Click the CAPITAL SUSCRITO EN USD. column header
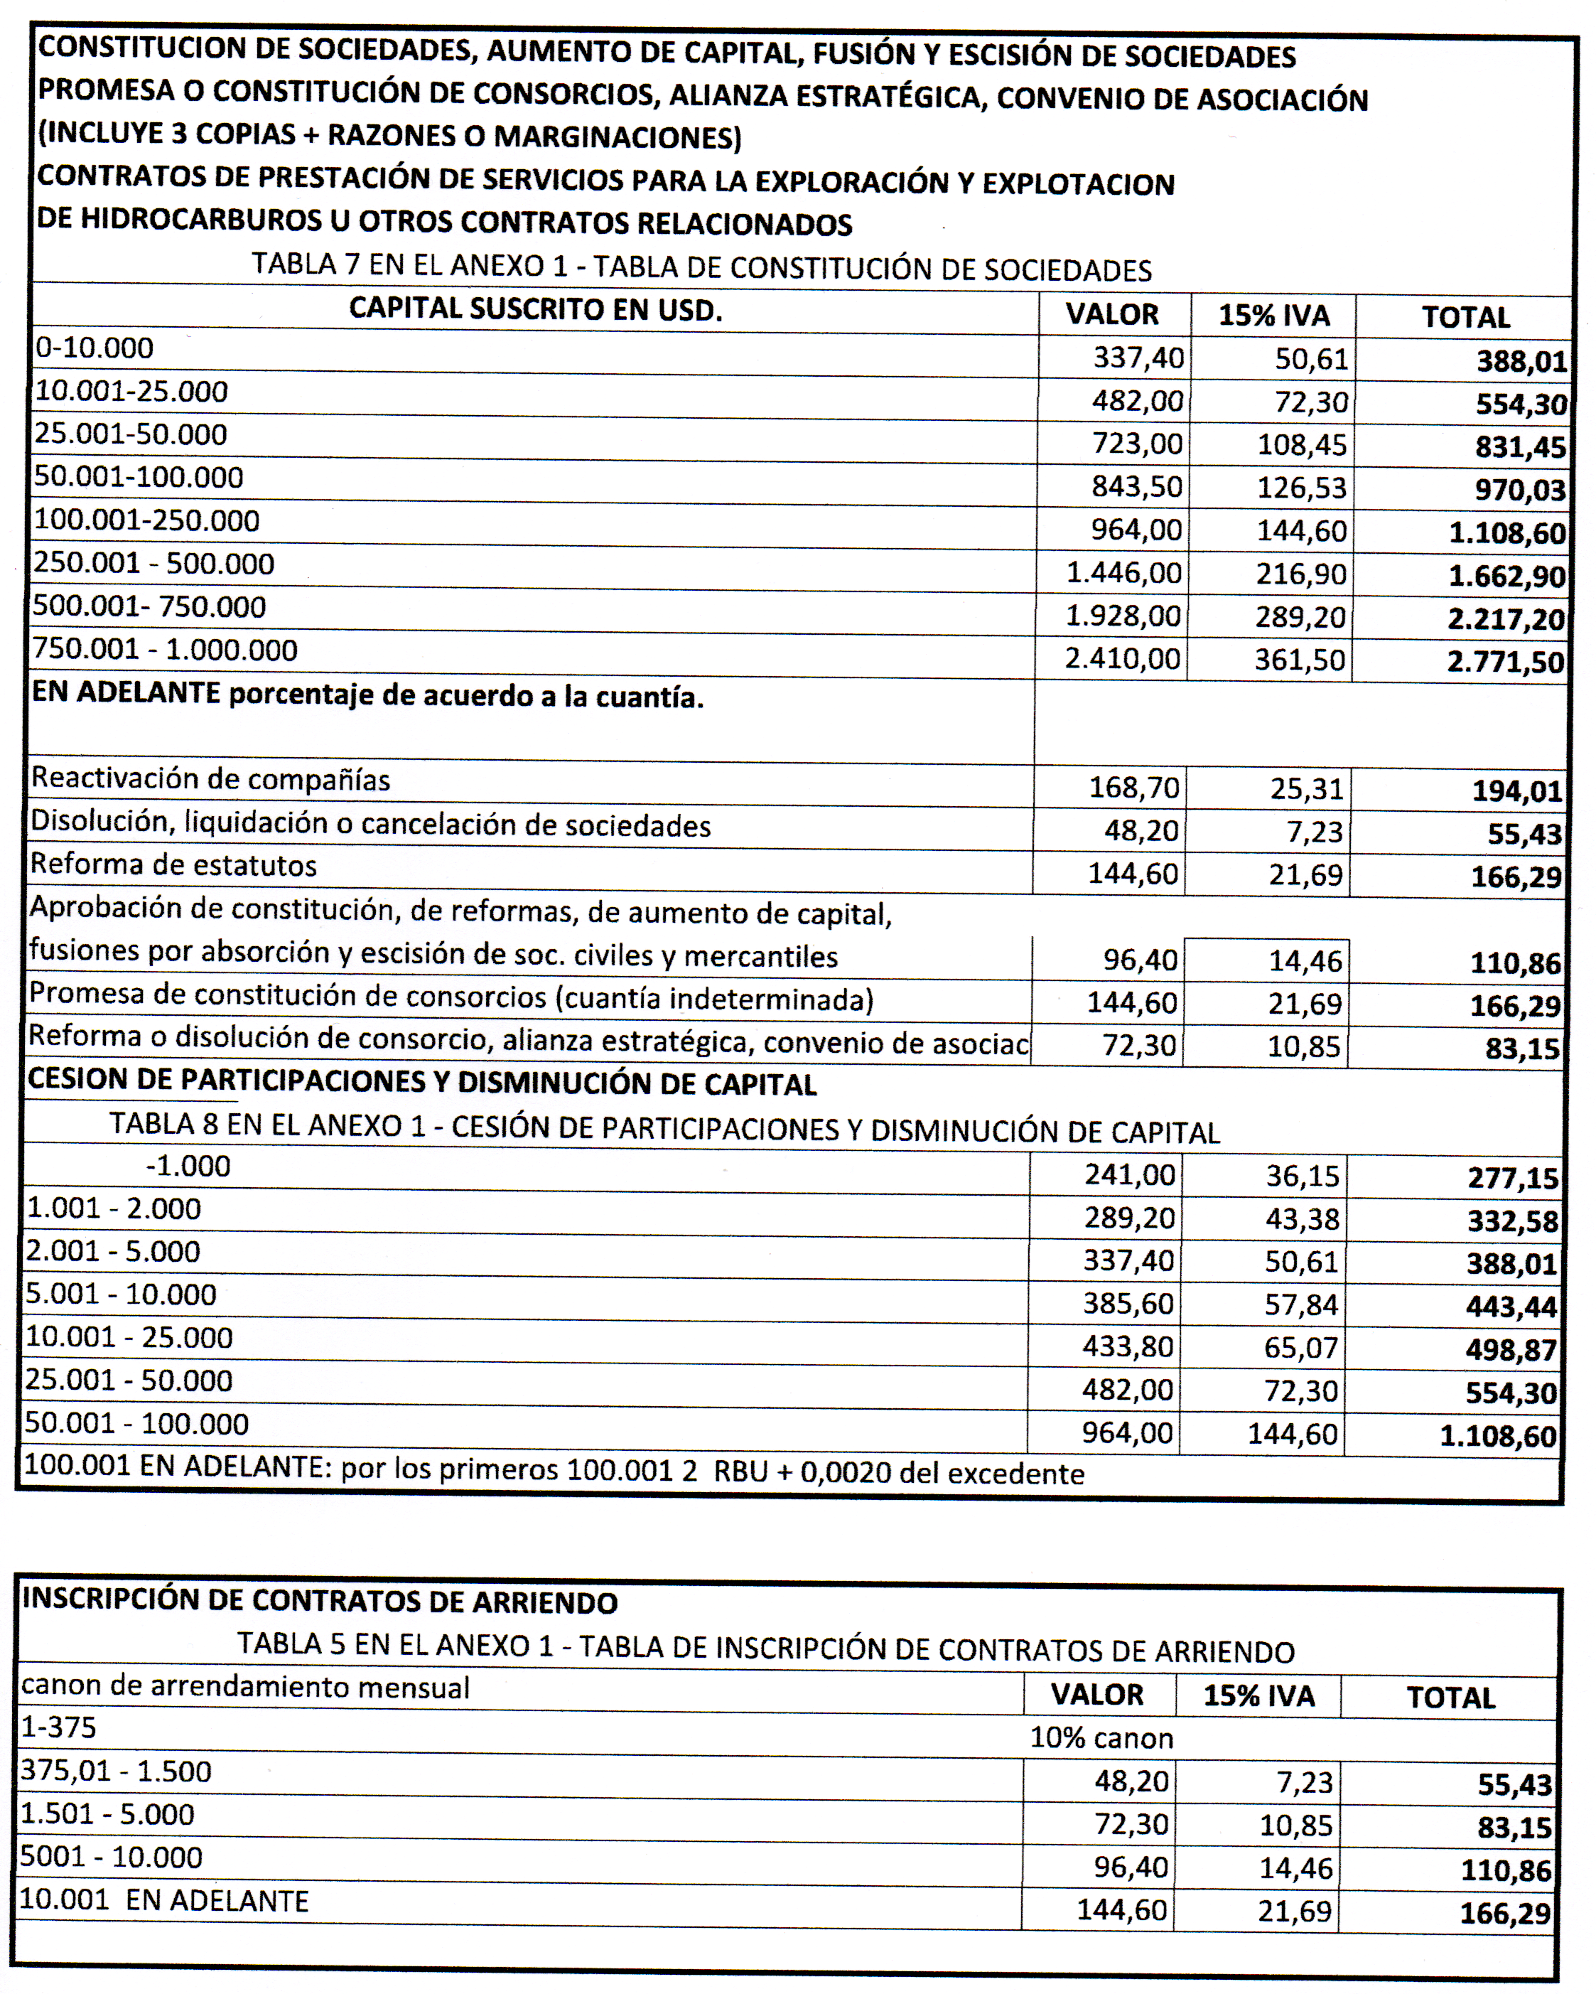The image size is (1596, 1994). pyautogui.click(x=535, y=310)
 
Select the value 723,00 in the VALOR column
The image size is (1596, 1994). pyautogui.click(x=1138, y=444)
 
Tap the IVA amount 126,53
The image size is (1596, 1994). pyautogui.click(x=1301, y=488)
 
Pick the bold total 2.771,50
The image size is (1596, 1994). pyautogui.click(x=1505, y=663)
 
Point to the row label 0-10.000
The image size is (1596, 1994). pyautogui.click(x=95, y=348)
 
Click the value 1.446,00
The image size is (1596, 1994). pyautogui.click(x=1123, y=574)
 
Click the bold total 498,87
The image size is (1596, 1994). pyautogui.click(x=1511, y=1350)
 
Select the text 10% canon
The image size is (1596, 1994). pyautogui.click(x=1101, y=1739)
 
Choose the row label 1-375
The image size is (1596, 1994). pyautogui.click(x=58, y=1727)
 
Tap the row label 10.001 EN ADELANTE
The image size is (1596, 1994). pyautogui.click(x=163, y=1901)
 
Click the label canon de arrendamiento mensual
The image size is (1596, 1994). pyautogui.click(x=245, y=1688)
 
